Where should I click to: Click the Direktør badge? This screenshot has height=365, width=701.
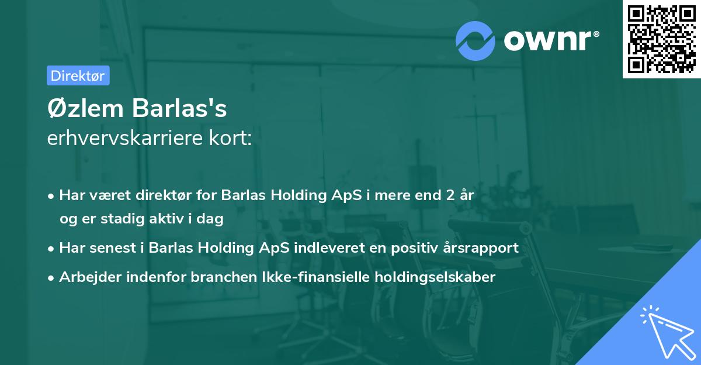pos(78,75)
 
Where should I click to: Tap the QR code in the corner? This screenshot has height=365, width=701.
pos(661,39)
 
